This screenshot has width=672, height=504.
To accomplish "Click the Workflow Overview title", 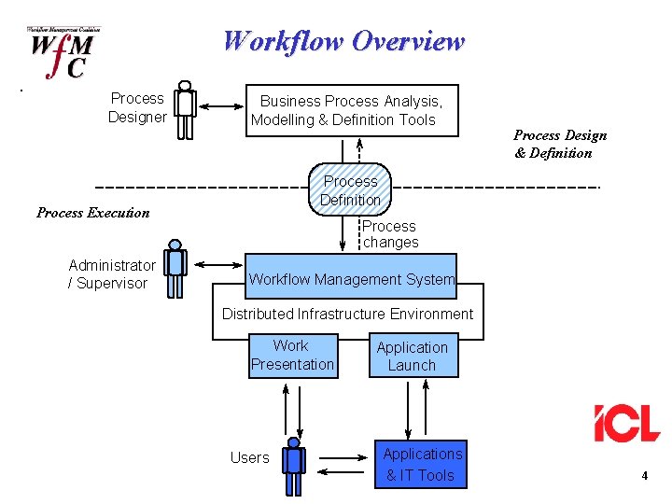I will [343, 42].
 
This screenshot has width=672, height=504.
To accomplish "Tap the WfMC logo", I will [63, 54].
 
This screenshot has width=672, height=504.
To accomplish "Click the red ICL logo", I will [626, 423].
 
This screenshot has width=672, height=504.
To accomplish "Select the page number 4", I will [644, 477].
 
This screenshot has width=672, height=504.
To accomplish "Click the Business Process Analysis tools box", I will [352, 110].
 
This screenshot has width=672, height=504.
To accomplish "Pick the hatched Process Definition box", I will [350, 190].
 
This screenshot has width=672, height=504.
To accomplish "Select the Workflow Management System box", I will [351, 278].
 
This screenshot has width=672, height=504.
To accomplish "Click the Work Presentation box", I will [292, 356].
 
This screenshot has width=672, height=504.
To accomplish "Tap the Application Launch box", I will [412, 356].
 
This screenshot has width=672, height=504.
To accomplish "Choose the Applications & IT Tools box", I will [422, 464].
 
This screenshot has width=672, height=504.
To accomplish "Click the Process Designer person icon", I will [186, 110].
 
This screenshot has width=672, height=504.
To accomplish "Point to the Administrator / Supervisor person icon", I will [175, 269].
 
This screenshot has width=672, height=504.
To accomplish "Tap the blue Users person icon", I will [294, 465].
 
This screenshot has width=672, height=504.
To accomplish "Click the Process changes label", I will [390, 234].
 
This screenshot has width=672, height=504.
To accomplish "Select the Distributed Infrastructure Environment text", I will [347, 314].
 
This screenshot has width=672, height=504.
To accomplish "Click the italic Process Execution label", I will [92, 213].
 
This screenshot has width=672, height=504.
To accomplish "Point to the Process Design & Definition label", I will [560, 145].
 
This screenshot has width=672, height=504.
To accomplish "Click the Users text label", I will [249, 457].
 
